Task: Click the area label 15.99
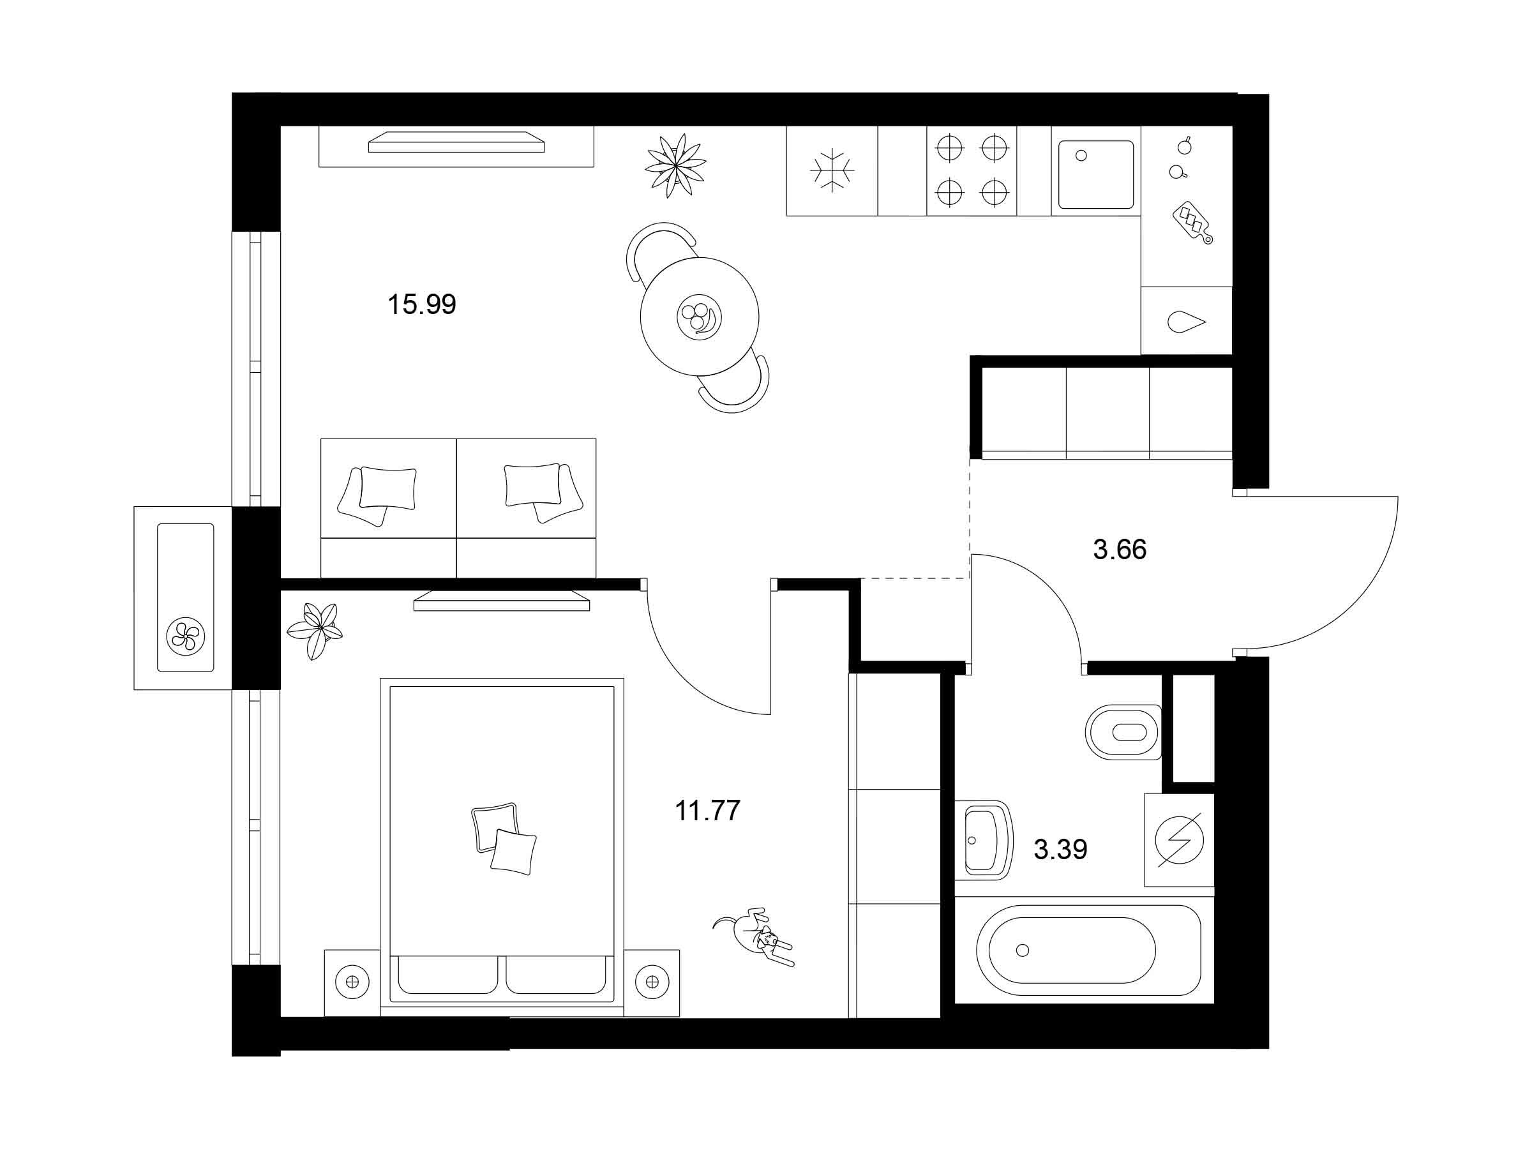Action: pos(422,304)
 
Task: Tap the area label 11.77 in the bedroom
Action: pos(707,809)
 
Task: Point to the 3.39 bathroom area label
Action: pos(1060,848)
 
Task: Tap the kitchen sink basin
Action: pos(1095,174)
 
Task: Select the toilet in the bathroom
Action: pos(1123,732)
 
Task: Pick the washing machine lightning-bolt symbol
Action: pos(1180,840)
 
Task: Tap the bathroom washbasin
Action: pos(984,840)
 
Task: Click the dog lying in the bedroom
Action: pos(755,935)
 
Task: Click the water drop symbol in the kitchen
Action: pos(1187,322)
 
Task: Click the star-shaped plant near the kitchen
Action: pos(675,165)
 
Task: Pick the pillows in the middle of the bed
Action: pos(504,839)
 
